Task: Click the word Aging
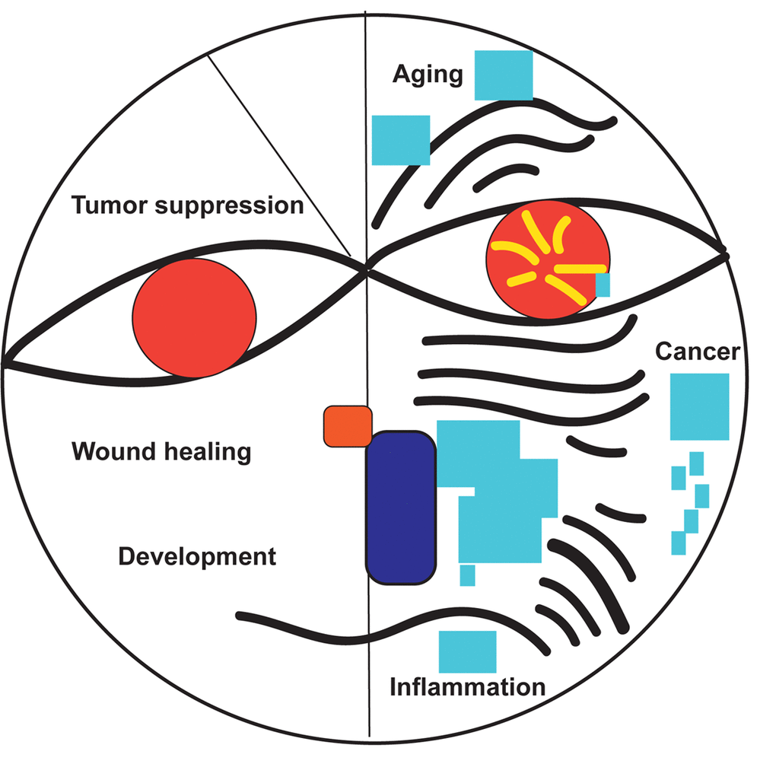(428, 75)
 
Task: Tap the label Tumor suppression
(188, 205)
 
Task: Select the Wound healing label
(161, 451)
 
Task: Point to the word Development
(197, 556)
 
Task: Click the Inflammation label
(468, 687)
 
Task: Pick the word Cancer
(698, 352)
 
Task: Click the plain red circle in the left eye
(194, 318)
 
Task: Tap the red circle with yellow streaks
(548, 259)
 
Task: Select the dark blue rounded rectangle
(401, 508)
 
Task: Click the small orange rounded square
(348, 426)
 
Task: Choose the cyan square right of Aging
(504, 75)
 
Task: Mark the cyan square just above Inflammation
(468, 651)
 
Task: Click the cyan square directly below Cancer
(700, 406)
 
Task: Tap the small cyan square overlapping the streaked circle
(603, 285)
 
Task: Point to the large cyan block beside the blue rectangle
(498, 492)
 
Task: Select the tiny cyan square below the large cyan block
(468, 575)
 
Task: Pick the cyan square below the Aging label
(401, 140)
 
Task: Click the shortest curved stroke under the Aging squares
(505, 176)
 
